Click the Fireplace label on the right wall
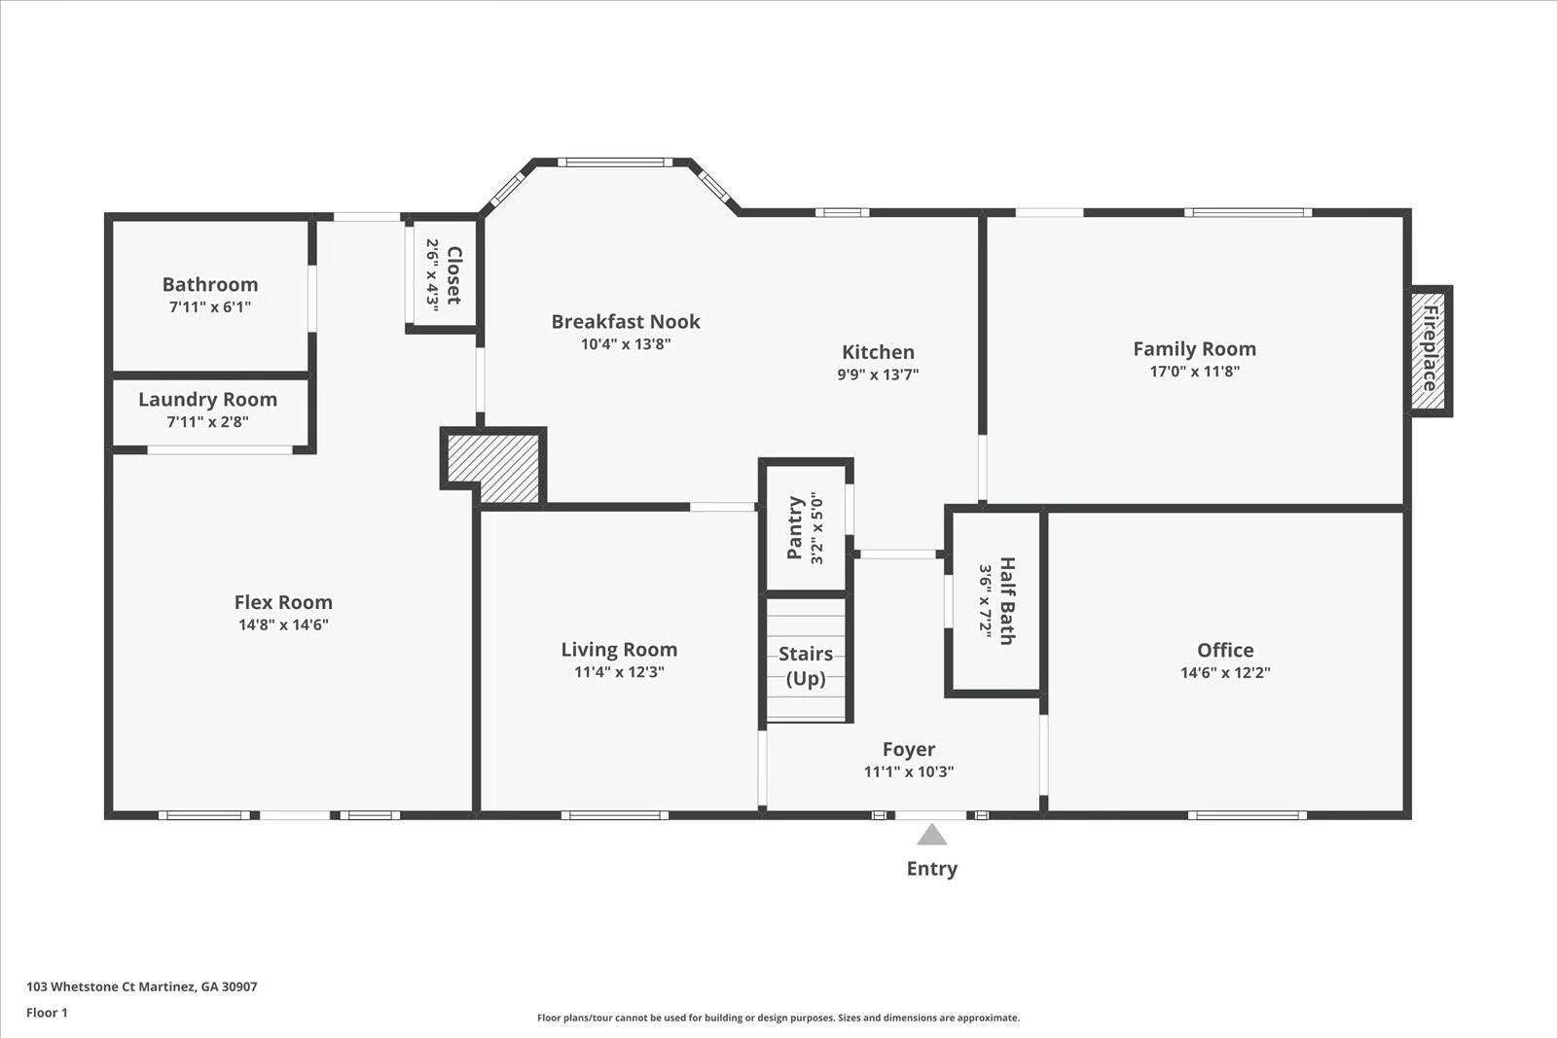(1430, 349)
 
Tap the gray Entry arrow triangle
(931, 835)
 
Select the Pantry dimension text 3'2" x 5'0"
(816, 528)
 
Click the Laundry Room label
(208, 400)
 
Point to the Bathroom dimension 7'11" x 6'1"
(210, 307)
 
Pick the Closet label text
(453, 275)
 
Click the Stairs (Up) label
(806, 665)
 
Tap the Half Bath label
(1007, 601)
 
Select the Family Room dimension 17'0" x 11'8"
(1194, 371)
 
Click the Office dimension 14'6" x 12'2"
(1225, 672)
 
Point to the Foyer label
(909, 750)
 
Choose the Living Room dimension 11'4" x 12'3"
(619, 672)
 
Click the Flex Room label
(283, 602)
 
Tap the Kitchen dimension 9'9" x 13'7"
(878, 375)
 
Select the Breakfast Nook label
(626, 322)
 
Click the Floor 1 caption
(48, 1013)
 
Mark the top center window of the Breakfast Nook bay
(614, 162)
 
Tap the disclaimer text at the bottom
(778, 1018)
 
